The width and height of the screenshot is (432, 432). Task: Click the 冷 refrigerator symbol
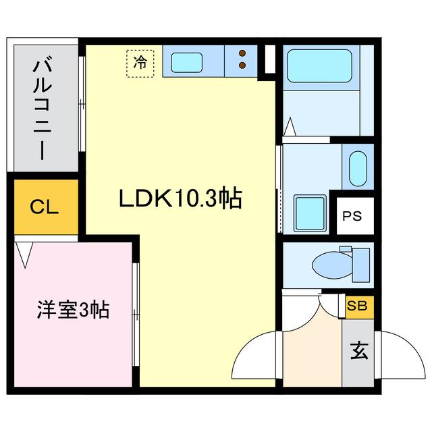click(x=140, y=63)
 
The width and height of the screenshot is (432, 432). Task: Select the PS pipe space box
click(x=352, y=217)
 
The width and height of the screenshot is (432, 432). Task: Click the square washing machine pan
click(x=310, y=211)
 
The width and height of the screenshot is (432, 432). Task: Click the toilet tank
click(x=361, y=264)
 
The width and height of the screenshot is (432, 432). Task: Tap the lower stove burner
click(x=242, y=66)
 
